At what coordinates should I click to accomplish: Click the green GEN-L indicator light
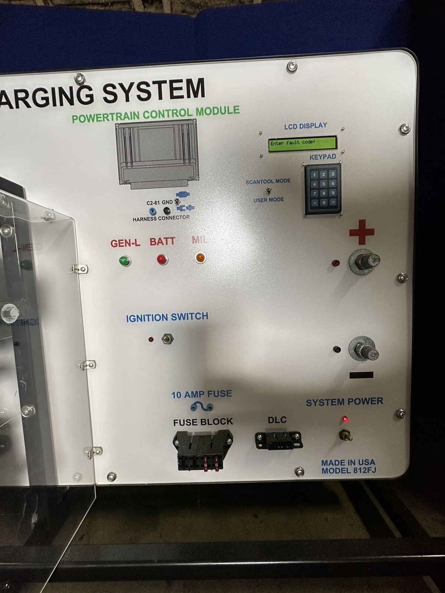(x=125, y=261)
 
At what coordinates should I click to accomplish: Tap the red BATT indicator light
(x=162, y=259)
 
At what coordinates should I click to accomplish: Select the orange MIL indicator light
(x=200, y=257)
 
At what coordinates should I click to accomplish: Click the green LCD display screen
(x=302, y=143)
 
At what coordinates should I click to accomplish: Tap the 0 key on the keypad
(x=324, y=202)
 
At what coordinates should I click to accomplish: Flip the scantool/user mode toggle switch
(x=269, y=191)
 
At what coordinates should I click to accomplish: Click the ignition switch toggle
(x=168, y=339)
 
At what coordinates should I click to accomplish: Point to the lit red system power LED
(x=345, y=420)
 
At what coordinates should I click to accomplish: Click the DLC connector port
(x=278, y=440)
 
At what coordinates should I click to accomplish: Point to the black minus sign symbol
(x=361, y=375)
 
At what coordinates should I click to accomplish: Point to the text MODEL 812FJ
(x=348, y=471)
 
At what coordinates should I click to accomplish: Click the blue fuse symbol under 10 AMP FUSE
(x=202, y=407)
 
